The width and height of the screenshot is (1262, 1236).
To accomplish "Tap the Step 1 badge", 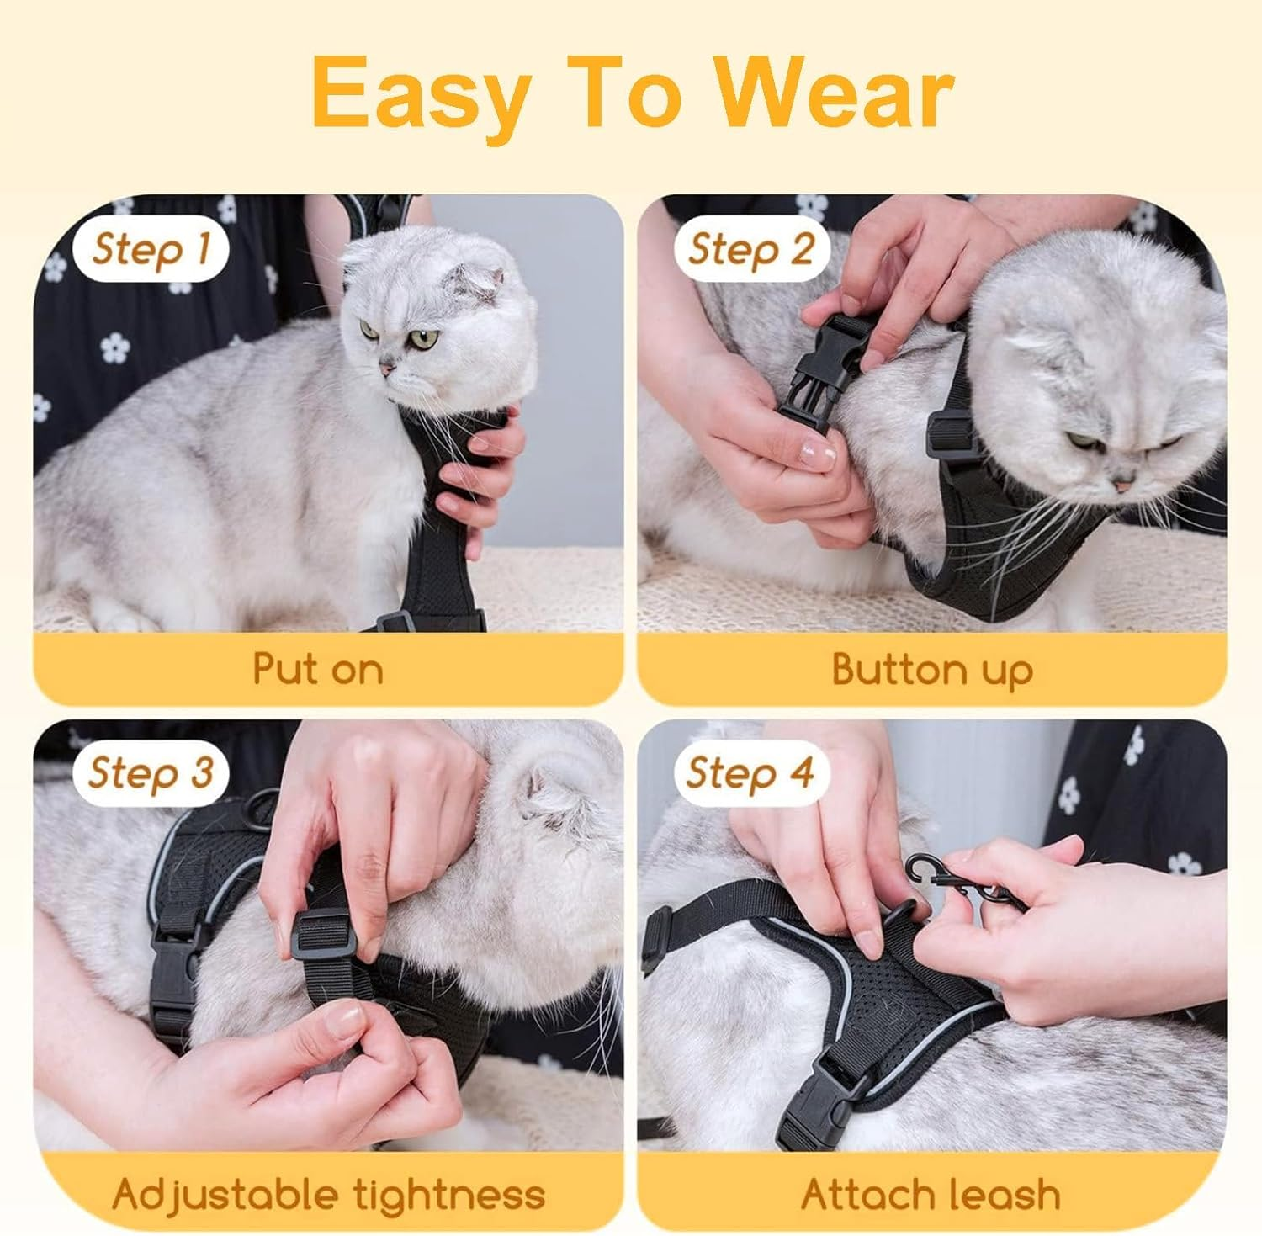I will click(151, 249).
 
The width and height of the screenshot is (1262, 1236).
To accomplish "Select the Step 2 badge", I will click(751, 249).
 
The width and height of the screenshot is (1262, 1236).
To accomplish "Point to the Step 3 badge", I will click(151, 772).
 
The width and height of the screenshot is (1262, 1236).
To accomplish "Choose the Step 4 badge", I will click(750, 772).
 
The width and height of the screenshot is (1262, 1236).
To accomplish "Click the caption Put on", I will click(318, 669).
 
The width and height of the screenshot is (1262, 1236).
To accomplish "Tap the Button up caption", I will click(931, 670).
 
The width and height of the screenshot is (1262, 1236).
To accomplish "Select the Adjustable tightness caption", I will click(328, 1194).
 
